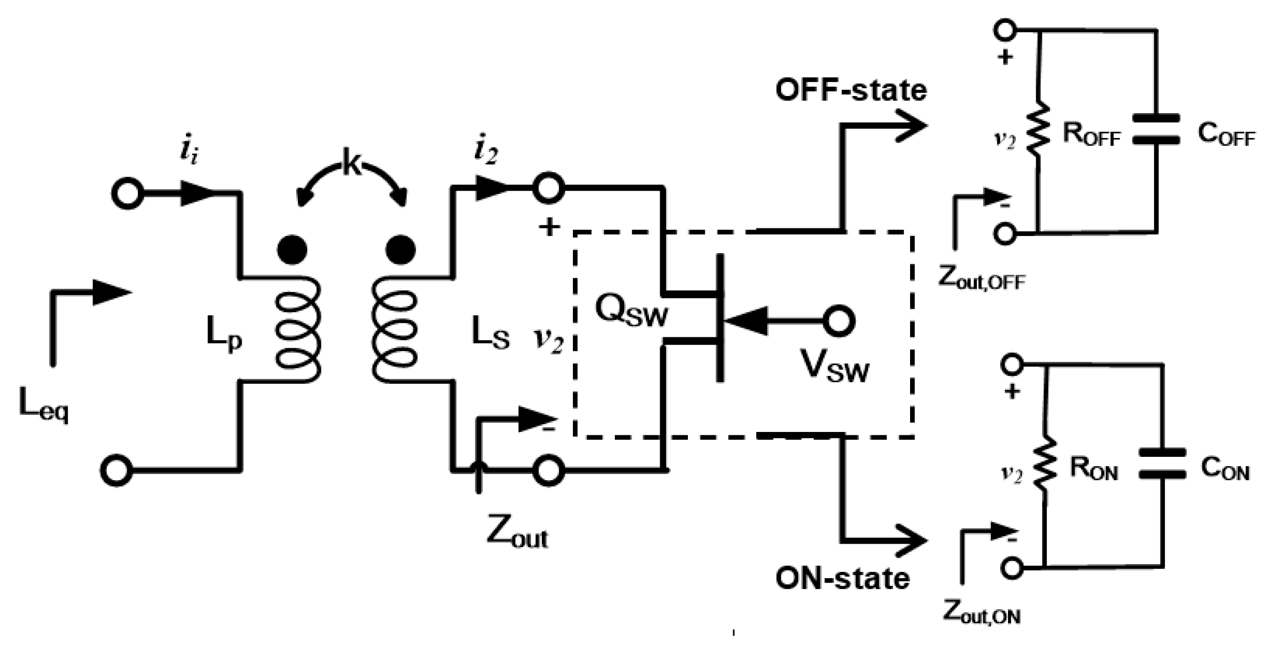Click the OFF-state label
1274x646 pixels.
[851, 91]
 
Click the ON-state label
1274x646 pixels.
[842, 578]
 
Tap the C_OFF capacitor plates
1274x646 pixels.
[1156, 130]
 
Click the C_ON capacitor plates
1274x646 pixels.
[1162, 463]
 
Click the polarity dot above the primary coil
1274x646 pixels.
[292, 250]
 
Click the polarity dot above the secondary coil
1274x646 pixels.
[400, 250]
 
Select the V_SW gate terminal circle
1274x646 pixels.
[839, 321]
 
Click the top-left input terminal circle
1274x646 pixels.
[128, 193]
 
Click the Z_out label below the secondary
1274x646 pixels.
[517, 534]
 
